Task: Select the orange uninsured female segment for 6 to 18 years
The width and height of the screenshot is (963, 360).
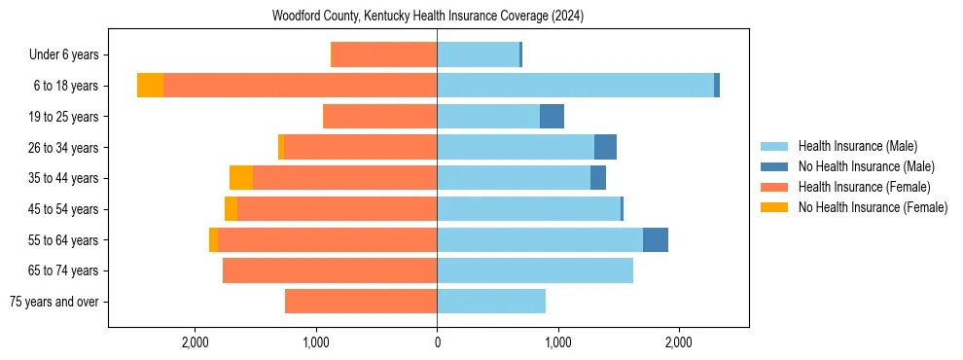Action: (150, 86)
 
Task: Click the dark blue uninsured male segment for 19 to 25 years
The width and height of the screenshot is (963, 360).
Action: (552, 117)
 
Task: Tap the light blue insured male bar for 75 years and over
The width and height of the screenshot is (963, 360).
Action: (491, 302)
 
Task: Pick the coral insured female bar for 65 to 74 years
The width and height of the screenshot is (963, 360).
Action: (330, 270)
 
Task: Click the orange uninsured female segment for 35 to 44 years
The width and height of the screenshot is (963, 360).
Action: (241, 178)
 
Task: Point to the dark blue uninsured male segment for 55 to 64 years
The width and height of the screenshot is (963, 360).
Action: (656, 240)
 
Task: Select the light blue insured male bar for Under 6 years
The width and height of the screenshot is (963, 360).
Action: (478, 55)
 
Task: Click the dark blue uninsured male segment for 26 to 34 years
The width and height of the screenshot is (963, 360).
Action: (605, 148)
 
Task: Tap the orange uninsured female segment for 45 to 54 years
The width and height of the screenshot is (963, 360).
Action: (231, 209)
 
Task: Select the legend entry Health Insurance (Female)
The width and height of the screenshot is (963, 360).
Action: (864, 187)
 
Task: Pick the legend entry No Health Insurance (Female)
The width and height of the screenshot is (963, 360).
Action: (873, 207)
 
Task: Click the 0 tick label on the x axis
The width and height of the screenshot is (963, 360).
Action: (437, 342)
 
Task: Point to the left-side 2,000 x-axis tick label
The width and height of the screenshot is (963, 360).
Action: (196, 342)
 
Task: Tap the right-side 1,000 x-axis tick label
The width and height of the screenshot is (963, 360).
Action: (557, 342)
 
